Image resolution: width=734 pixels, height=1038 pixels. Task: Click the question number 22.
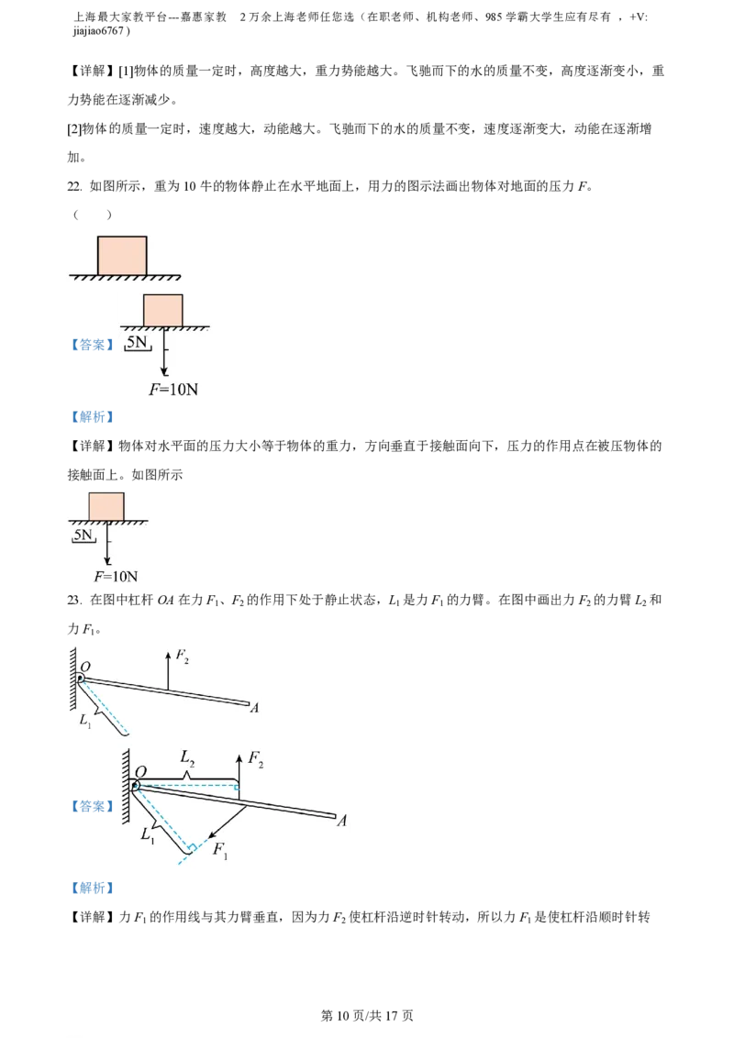[x=74, y=186]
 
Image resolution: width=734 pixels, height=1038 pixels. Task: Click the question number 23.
[x=74, y=600]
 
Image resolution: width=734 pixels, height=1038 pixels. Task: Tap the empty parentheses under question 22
[x=92, y=215]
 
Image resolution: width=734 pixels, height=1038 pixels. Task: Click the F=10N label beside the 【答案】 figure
[x=173, y=389]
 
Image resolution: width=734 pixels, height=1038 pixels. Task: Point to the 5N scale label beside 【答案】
[x=137, y=342]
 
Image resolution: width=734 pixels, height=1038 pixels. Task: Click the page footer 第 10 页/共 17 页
[x=367, y=1015]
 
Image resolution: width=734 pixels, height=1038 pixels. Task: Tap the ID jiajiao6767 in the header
[x=98, y=30]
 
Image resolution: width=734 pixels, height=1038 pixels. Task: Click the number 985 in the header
[x=494, y=17]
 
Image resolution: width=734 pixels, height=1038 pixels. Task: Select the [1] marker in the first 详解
[x=126, y=72]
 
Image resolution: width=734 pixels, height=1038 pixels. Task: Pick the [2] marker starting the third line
[x=74, y=129]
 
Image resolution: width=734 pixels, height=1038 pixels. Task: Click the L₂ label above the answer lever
[x=187, y=758]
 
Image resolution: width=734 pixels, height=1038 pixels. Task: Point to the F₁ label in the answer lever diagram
[x=220, y=850]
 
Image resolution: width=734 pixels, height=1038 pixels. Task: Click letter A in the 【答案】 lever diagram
[x=342, y=821]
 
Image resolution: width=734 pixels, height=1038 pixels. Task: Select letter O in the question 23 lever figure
[x=85, y=667]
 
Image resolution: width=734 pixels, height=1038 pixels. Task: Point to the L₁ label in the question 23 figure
[x=85, y=720]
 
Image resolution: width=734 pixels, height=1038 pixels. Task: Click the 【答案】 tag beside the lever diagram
[x=92, y=806]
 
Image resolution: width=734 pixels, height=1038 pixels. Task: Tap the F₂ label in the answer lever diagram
[x=256, y=758]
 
